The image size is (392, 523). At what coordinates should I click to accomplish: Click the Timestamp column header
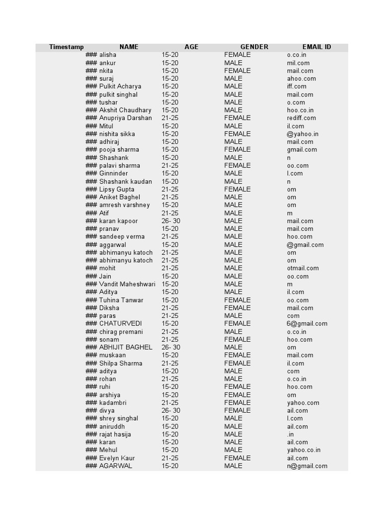point(66,47)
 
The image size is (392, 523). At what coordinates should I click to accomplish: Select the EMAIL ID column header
point(316,47)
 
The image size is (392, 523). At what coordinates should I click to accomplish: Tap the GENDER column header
point(254,47)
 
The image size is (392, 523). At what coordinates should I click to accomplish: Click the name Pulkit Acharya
point(120,86)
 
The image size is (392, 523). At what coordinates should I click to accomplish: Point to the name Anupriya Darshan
point(126,118)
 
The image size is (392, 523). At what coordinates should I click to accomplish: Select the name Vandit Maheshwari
point(127,284)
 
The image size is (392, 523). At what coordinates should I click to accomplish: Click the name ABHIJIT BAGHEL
point(126,347)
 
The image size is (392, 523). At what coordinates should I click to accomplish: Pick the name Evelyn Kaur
point(117,458)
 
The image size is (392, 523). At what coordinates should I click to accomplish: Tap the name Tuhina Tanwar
point(121,300)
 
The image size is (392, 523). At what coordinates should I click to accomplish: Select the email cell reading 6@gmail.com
point(307,323)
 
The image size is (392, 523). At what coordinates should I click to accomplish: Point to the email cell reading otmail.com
point(303,268)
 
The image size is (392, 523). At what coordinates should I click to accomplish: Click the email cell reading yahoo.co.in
point(304,450)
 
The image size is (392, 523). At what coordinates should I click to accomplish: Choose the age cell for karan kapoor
point(171,221)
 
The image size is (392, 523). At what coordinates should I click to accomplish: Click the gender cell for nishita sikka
point(237,134)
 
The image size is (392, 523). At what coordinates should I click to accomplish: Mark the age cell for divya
point(171,411)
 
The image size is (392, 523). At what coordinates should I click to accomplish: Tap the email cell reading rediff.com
point(302,118)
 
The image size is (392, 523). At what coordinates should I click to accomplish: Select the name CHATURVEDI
point(120,323)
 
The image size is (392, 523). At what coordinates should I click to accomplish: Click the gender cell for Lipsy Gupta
point(237,189)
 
